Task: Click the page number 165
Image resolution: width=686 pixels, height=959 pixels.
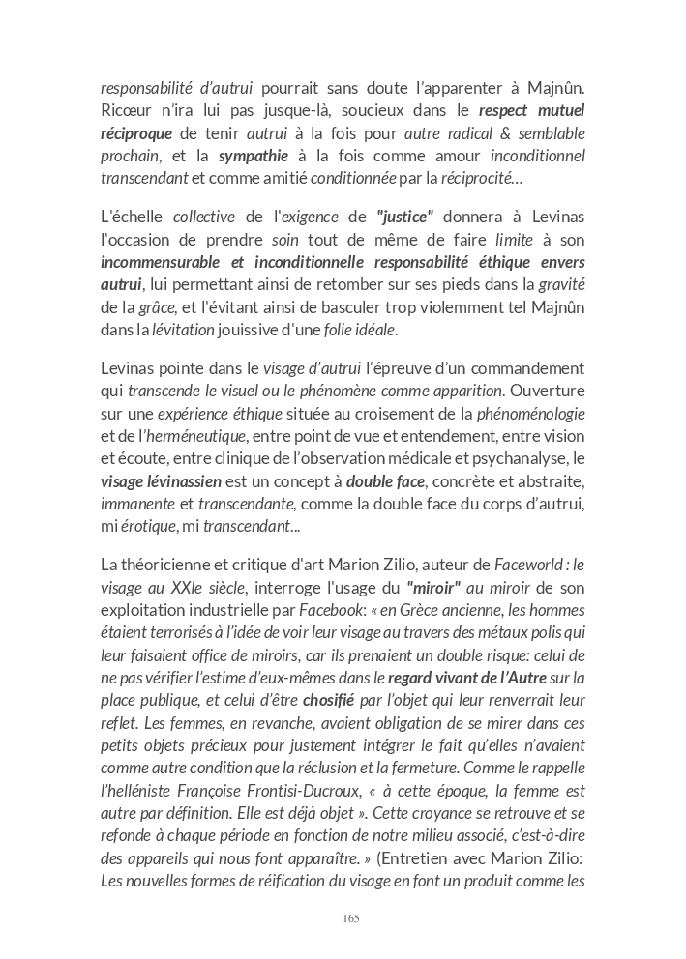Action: point(351,918)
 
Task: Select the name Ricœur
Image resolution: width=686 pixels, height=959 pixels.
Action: point(125,111)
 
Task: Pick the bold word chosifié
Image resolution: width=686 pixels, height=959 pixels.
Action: point(328,700)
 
